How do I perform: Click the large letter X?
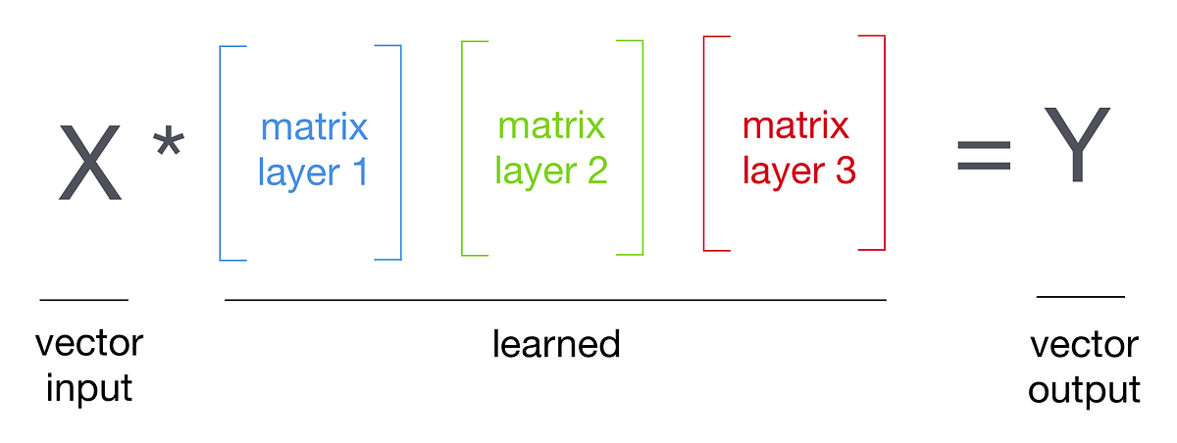point(90,162)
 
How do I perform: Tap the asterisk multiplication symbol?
point(168,144)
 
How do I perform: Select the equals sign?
point(983,155)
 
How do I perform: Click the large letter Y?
point(1076,145)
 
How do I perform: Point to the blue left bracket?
point(222,152)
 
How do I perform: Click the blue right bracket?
point(399,152)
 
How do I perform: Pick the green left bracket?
point(464,147)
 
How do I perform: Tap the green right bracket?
point(641,147)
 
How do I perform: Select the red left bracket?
point(706,142)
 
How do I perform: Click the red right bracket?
point(883,142)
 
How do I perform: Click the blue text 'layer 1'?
point(313,172)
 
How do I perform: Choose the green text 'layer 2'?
point(551,172)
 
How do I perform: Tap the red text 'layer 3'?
point(799,172)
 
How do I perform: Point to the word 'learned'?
point(556,344)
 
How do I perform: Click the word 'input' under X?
point(89,388)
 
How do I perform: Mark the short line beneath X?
point(84,299)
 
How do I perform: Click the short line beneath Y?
point(1081,295)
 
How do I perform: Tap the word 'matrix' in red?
point(796,127)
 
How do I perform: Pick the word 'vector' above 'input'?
point(89,344)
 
